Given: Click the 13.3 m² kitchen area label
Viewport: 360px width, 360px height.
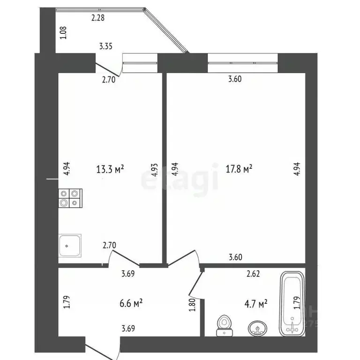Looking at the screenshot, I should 110,169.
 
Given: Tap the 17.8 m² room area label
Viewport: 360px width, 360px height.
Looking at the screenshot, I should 239,169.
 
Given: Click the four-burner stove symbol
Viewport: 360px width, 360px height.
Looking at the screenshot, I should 70,198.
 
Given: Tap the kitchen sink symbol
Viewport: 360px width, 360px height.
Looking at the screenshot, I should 70,245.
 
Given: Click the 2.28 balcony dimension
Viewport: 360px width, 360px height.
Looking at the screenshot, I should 98,18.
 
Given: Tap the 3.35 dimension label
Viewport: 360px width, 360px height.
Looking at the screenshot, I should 106,46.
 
